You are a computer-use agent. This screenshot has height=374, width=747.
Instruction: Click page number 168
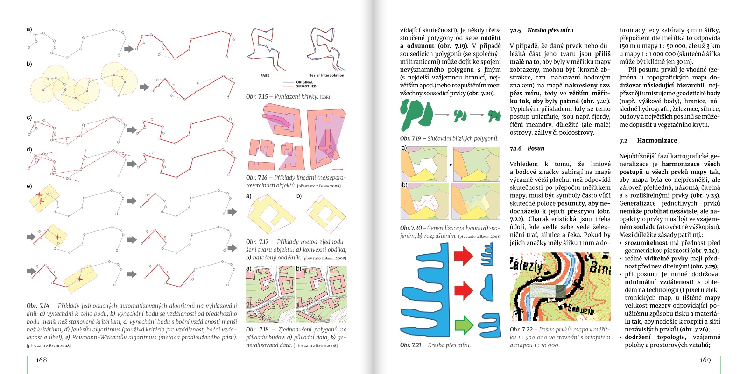coord(42,360)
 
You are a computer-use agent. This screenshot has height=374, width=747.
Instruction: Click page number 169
coord(705,360)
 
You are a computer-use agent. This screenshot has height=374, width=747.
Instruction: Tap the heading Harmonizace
coord(656,140)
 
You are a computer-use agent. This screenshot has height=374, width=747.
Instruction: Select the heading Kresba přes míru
coord(550,30)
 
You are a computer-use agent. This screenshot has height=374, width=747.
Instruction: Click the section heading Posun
coord(536,148)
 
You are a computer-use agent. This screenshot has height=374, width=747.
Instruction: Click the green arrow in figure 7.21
coord(464,324)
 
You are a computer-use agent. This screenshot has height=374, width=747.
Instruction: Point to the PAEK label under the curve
coord(265,75)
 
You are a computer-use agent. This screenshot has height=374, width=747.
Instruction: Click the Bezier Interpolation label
coord(326,75)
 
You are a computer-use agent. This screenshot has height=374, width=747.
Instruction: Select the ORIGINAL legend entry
coord(304,82)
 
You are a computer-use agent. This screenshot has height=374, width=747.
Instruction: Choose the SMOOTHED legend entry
coord(306,86)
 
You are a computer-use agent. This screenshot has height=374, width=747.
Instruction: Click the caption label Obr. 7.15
coord(257,97)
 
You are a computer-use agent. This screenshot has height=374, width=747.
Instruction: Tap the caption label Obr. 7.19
coord(410,138)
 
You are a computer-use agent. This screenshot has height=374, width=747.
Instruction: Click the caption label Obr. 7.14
coord(38,306)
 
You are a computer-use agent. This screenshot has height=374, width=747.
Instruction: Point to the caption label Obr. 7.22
coord(521,329)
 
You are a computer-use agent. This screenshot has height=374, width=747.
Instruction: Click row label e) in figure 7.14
coord(29,186)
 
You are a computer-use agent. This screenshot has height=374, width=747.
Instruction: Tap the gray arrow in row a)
coord(128,49)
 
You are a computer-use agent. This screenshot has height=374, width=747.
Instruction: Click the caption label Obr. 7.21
coord(410,345)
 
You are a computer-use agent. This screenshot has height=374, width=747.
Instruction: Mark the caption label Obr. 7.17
coord(257,242)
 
